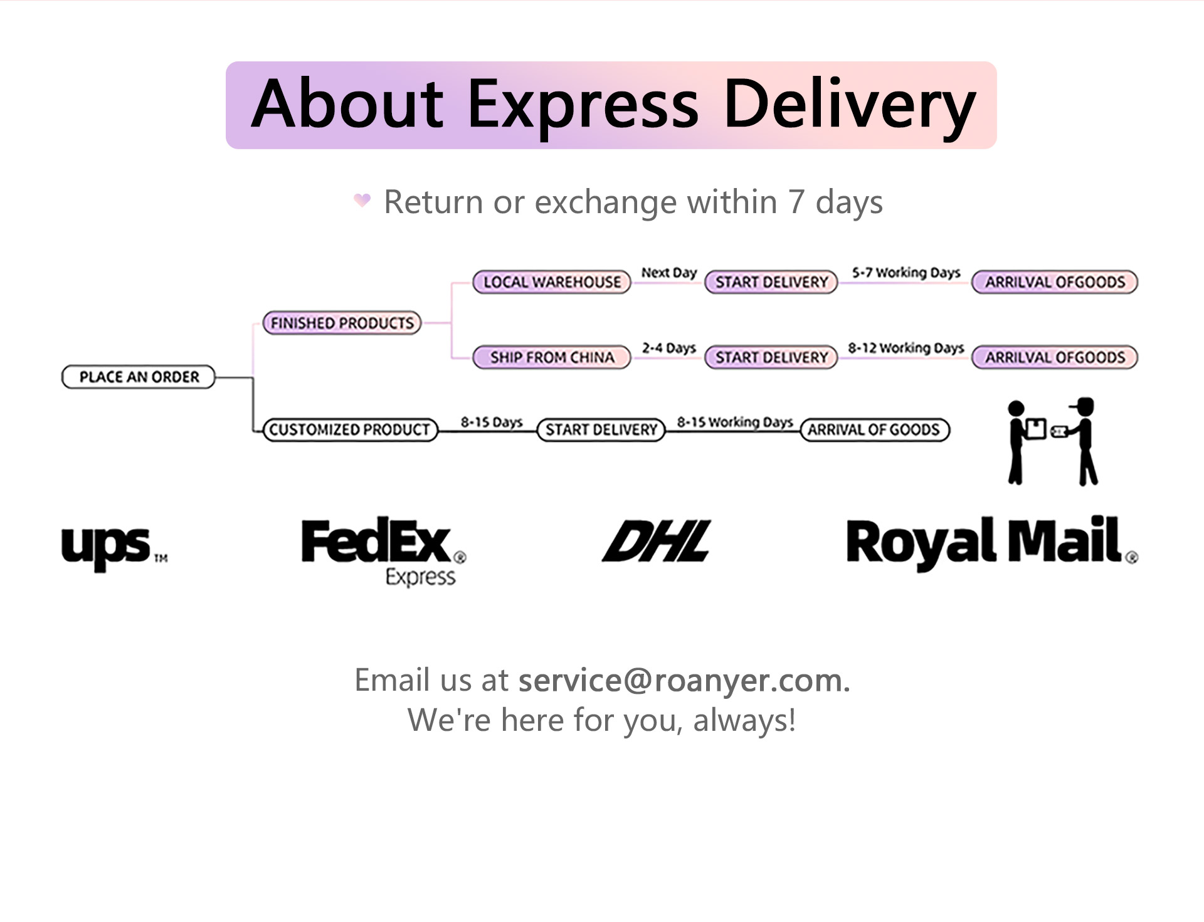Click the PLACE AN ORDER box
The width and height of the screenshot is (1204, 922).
[x=139, y=377]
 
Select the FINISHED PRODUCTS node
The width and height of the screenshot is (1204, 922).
[x=342, y=323]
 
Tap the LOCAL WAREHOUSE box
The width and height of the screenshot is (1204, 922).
[x=552, y=282]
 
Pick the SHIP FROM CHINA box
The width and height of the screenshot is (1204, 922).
[x=552, y=357]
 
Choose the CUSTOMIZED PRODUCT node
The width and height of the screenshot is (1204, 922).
[x=350, y=430]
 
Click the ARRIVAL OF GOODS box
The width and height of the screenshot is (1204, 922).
[x=874, y=430]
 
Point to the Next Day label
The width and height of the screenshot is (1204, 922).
[x=668, y=273]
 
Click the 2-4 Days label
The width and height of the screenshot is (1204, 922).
[x=668, y=348]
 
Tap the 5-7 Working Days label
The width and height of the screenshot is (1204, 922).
[x=906, y=273]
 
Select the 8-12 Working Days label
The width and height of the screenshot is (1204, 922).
[x=906, y=348]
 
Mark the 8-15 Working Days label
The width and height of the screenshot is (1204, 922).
[x=734, y=422]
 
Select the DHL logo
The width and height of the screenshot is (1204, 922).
[x=656, y=541]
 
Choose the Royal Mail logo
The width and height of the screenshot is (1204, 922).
[x=991, y=543]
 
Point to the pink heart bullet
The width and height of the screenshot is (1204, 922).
[x=362, y=200]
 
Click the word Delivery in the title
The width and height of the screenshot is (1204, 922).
[x=849, y=104]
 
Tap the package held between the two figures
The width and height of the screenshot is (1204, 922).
[x=1036, y=429]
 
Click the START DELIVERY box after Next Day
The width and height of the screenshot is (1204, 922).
[x=771, y=282]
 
